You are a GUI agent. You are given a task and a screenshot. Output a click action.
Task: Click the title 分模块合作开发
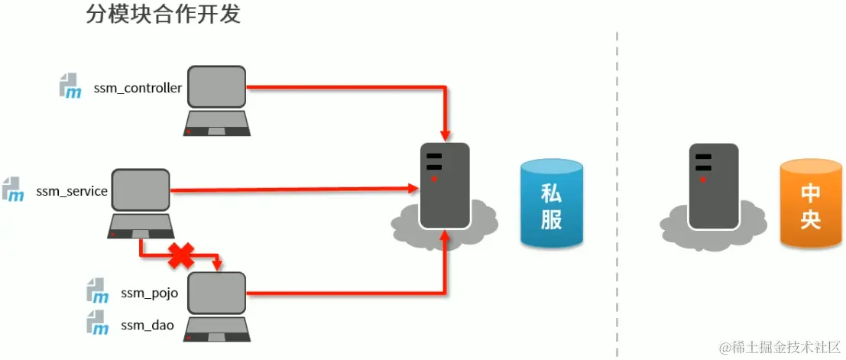coord(164,15)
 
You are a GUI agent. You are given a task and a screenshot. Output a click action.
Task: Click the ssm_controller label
coord(138,88)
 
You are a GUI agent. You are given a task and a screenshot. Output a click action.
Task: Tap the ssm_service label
coord(71,191)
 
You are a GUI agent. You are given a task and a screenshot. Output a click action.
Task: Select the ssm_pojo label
coord(149,293)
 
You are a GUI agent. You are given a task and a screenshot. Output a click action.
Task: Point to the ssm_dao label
coord(147,326)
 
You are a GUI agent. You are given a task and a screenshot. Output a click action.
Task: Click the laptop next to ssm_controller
coord(217,100)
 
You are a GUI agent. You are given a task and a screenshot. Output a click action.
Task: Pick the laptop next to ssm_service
coord(141,203)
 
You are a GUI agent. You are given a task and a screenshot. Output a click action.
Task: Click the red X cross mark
coord(180,255)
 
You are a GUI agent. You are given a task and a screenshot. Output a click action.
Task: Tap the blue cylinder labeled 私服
coord(551,205)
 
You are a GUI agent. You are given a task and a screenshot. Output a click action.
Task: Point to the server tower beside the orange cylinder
coord(712,186)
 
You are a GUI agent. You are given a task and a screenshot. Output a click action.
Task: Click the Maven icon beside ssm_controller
coord(71,86)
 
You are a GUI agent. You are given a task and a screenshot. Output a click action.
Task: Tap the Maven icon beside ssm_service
coord(13,190)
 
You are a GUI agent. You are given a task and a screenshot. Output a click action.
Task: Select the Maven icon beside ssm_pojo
coord(97,291)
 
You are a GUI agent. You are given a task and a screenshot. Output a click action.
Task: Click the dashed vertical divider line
coord(617,191)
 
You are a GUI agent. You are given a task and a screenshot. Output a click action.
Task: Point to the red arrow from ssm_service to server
coord(290,189)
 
